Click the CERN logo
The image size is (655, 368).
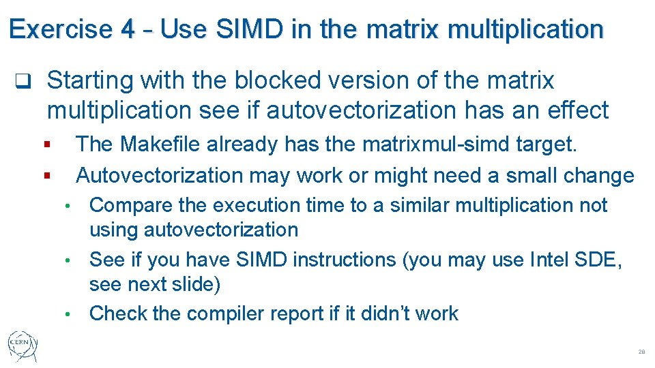(23, 347)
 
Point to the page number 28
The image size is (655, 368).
(641, 352)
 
